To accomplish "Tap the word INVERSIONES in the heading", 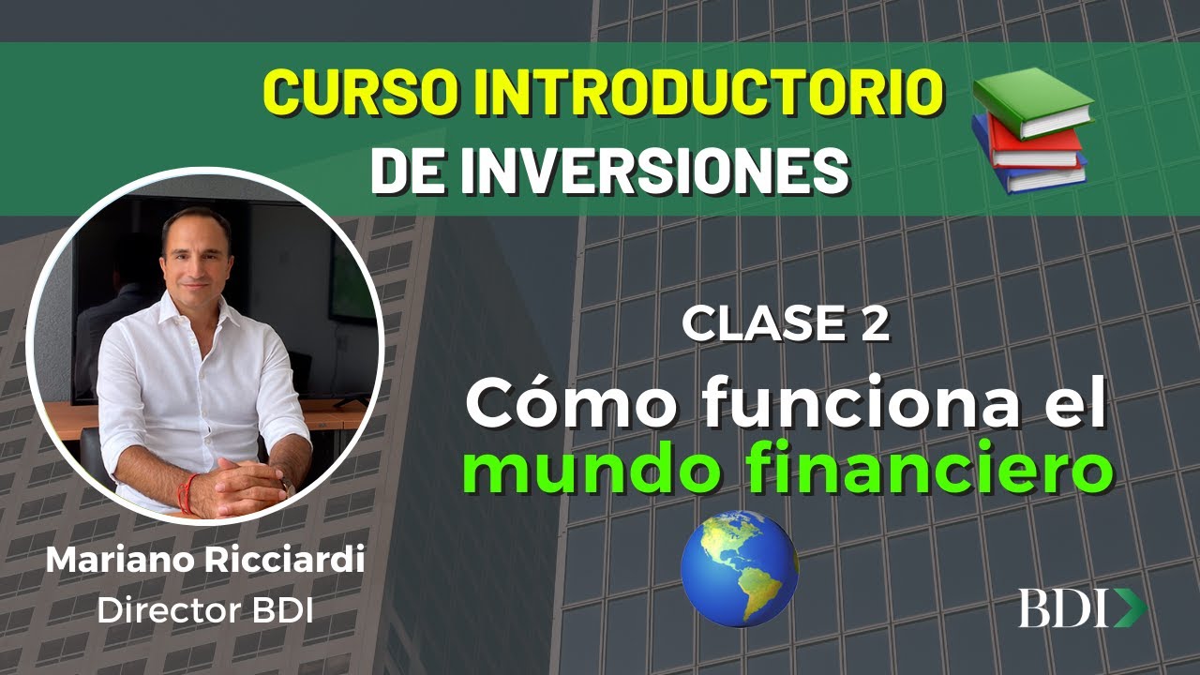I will click(675, 170).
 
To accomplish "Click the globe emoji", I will click(739, 568).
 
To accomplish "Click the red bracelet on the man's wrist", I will click(188, 491).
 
